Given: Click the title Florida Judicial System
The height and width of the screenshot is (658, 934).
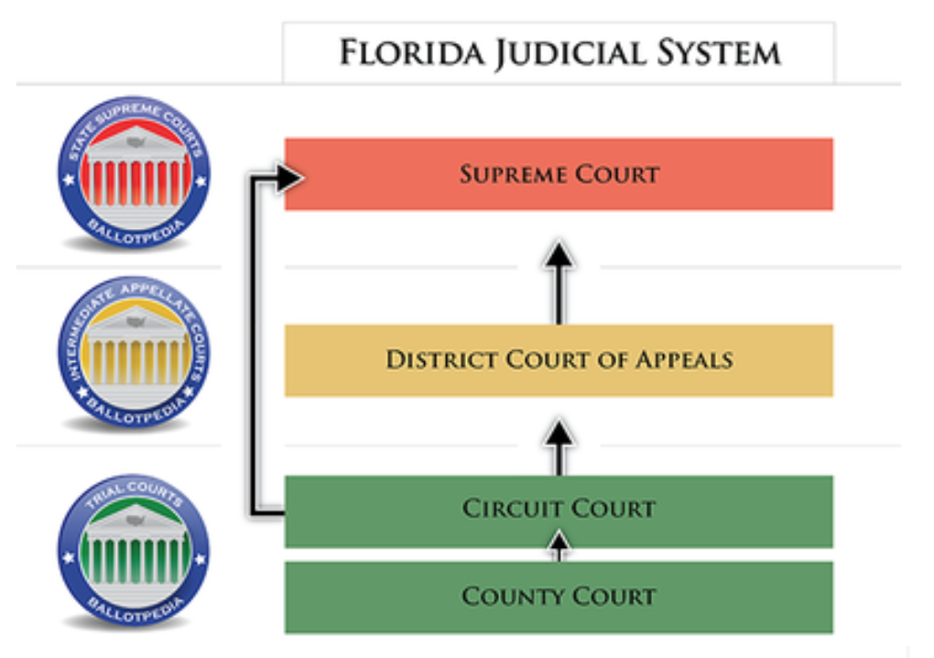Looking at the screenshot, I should point(559,52).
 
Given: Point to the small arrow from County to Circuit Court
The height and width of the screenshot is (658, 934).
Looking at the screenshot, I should point(559,547).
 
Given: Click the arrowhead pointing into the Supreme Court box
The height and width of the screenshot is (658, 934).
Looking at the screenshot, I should point(288,176).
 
